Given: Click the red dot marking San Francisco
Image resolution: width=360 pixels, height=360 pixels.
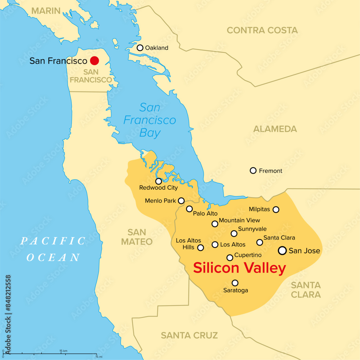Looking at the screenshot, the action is [95, 60].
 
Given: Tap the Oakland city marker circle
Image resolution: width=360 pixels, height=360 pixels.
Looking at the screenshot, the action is [140, 48].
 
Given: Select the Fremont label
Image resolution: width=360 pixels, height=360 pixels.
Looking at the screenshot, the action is [271, 171].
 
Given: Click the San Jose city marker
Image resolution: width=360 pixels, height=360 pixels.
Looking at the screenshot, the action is [283, 250].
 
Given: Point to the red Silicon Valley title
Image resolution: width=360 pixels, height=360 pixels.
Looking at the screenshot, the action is [239, 268].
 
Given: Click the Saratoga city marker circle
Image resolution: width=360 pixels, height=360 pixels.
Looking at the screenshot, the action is [235, 283].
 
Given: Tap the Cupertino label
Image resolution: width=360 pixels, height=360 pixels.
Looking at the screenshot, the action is [248, 255].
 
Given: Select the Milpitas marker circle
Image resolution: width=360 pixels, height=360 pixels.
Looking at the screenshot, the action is [276, 210].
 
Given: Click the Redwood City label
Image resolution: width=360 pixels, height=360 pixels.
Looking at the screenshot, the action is [158, 188].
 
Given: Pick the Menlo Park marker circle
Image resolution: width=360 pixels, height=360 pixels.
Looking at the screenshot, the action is [181, 201].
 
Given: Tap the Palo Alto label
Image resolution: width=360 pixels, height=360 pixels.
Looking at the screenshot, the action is [205, 213].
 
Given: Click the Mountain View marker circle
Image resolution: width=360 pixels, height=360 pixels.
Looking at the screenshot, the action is [215, 224].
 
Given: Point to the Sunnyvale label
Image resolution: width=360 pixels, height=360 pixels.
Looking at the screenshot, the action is [252, 229].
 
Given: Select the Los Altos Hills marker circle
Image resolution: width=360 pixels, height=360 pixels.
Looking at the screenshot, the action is [201, 248].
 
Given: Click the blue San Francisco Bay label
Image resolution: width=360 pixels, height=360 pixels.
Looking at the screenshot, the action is [150, 120].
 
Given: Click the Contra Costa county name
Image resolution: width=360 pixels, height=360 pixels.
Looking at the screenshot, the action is [262, 30].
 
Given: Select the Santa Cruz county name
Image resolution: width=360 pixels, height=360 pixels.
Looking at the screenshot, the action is [189, 336].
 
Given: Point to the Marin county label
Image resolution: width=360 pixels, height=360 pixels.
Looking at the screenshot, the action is [46, 11].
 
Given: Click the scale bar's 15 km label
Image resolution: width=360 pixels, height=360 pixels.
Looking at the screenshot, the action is [64, 350].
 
